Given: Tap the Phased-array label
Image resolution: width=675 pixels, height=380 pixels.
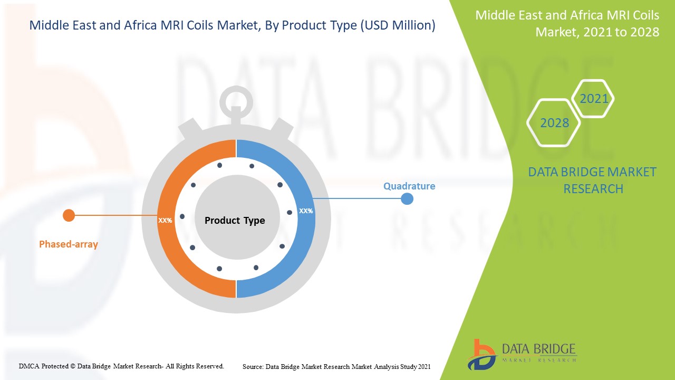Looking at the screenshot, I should point(69,244).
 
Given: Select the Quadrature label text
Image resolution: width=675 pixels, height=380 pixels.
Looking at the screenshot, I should point(409,186).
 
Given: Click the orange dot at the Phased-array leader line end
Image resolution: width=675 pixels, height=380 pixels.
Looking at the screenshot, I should point(69,215).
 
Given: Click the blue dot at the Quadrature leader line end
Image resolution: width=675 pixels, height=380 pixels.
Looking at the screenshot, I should point(407,199).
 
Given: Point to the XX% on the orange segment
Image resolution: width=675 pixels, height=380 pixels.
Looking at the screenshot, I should point(165,220).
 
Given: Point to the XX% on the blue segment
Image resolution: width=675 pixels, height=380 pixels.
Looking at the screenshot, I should point(306,211).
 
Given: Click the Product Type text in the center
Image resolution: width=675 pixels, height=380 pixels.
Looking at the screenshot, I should point(235,220).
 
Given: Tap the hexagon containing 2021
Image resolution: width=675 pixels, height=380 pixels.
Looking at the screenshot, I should point(593,98).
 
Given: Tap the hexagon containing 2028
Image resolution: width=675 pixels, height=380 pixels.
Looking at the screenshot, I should point(554,122).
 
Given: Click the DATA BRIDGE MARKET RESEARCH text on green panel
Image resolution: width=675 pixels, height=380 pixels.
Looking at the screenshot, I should point(592,180).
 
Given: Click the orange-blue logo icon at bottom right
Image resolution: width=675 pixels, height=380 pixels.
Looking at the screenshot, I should point(481,354).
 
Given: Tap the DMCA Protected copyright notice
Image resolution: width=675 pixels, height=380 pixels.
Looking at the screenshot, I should point(121,366).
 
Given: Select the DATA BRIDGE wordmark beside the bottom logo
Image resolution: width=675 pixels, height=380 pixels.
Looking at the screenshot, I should point(539,349).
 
